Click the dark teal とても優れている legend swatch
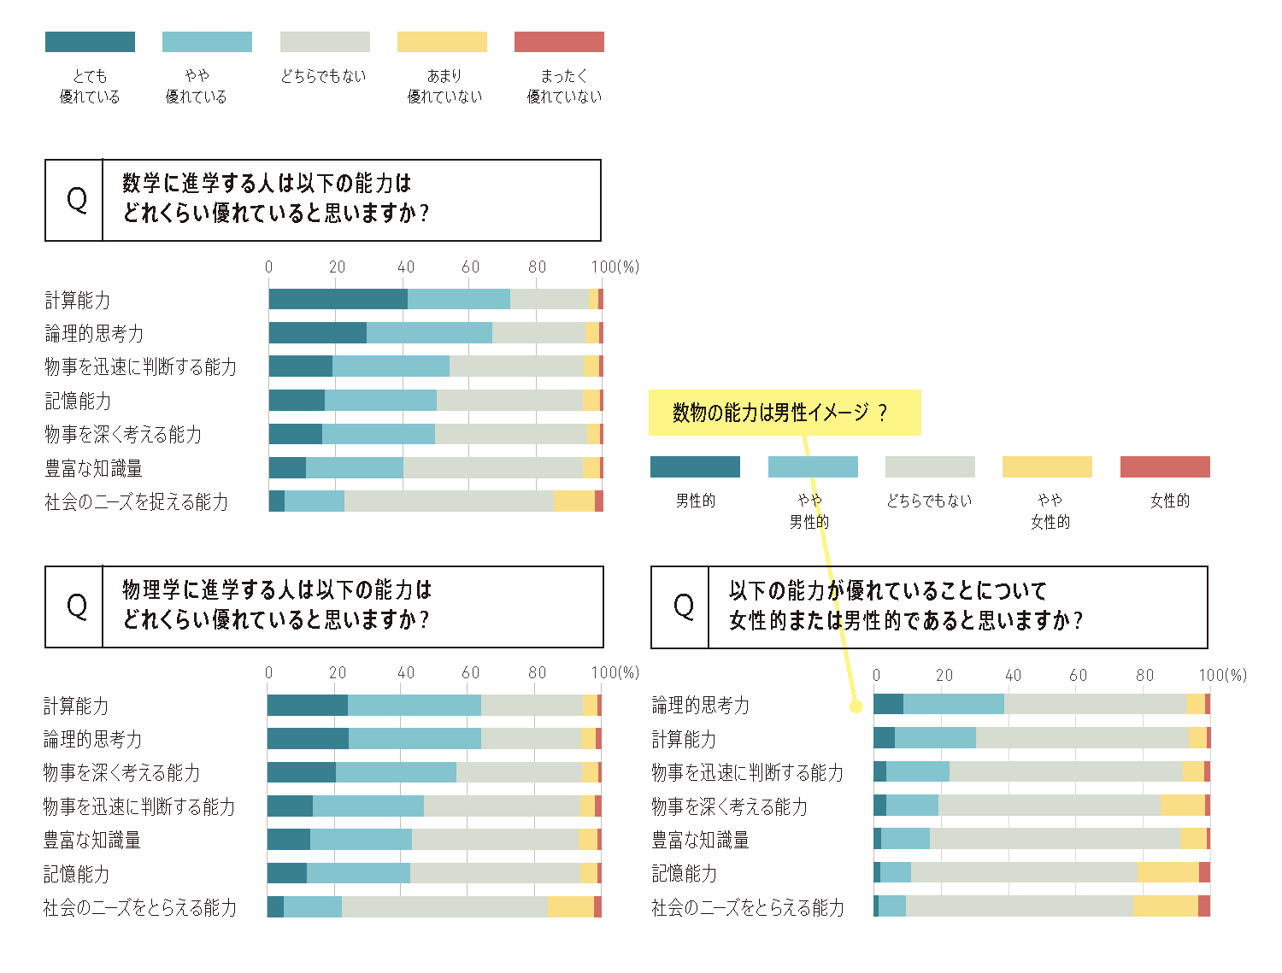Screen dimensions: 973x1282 click(x=90, y=42)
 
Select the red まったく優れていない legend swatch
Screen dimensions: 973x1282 click(x=559, y=42)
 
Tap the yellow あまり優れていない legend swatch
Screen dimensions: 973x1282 click(x=442, y=42)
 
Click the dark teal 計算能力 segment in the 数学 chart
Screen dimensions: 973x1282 click(x=338, y=299)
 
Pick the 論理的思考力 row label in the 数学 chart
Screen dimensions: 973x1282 click(x=94, y=333)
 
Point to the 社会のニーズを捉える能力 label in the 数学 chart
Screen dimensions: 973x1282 click(x=137, y=502)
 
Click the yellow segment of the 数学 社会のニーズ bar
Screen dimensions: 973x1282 click(x=573, y=501)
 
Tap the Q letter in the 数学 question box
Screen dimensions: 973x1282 click(x=76, y=200)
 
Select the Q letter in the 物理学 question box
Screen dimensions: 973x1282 click(x=76, y=607)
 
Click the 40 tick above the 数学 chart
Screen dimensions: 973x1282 click(x=406, y=267)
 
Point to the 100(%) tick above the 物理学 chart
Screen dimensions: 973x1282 click(x=615, y=673)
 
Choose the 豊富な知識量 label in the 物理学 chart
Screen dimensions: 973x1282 click(x=92, y=841)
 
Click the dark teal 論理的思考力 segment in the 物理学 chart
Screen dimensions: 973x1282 click(x=308, y=738)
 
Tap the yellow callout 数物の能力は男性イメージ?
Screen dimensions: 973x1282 click(x=784, y=413)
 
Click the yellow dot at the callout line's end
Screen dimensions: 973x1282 click(x=855, y=706)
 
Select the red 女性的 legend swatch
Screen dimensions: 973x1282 click(x=1165, y=466)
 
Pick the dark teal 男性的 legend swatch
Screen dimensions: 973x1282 click(x=695, y=466)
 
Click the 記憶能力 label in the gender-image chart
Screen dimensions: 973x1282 click(x=685, y=874)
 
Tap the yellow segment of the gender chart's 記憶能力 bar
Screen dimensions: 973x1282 click(x=1167, y=872)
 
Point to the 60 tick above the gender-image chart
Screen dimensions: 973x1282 click(x=1079, y=675)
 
